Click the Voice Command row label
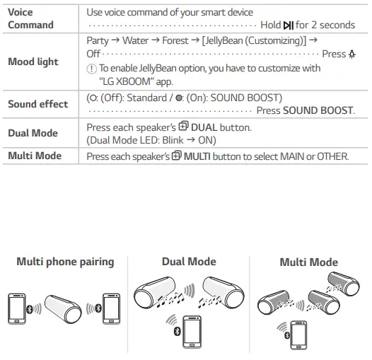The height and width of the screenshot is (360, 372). (x=30, y=18)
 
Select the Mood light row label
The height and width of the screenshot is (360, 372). (x=33, y=62)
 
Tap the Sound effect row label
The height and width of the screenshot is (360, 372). (x=37, y=104)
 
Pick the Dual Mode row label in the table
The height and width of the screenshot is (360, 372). (x=33, y=133)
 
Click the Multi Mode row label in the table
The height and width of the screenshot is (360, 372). (x=35, y=156)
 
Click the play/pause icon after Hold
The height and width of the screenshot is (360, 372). (x=287, y=25)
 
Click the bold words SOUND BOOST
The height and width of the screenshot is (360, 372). (x=318, y=111)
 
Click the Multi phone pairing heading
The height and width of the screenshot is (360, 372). (x=65, y=262)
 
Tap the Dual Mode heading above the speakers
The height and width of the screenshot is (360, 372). (x=189, y=262)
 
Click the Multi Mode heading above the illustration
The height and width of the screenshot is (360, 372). (x=308, y=262)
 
